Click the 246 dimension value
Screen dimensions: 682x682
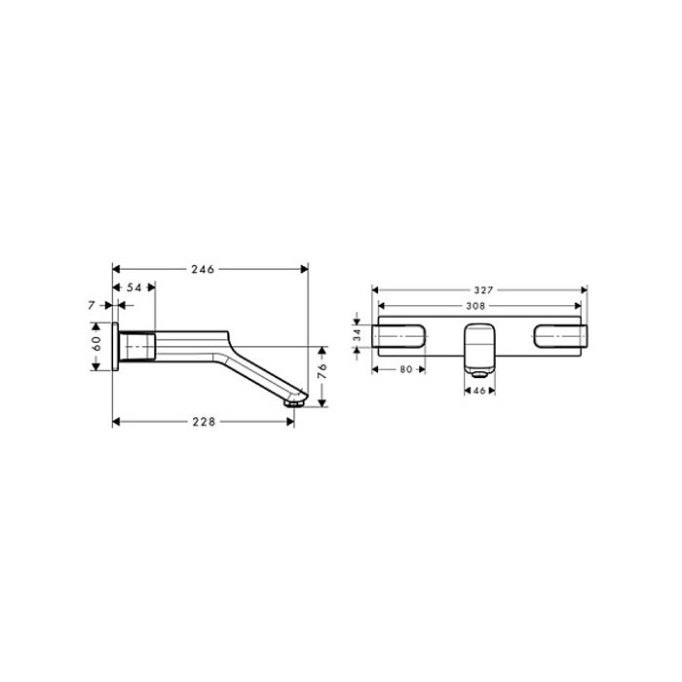pyautogui.click(x=203, y=270)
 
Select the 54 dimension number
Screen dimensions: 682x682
pyautogui.click(x=134, y=287)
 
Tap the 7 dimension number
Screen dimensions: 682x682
pyautogui.click(x=91, y=306)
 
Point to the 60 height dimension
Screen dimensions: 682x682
pyautogui.click(x=96, y=344)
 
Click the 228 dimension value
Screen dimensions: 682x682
pyautogui.click(x=204, y=422)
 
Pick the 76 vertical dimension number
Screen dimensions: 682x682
pyautogui.click(x=322, y=371)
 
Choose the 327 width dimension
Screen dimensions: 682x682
pyautogui.click(x=483, y=290)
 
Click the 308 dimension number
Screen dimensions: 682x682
pyautogui.click(x=475, y=306)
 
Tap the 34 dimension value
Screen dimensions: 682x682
pyautogui.click(x=358, y=334)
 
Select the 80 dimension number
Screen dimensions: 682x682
pyautogui.click(x=406, y=369)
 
